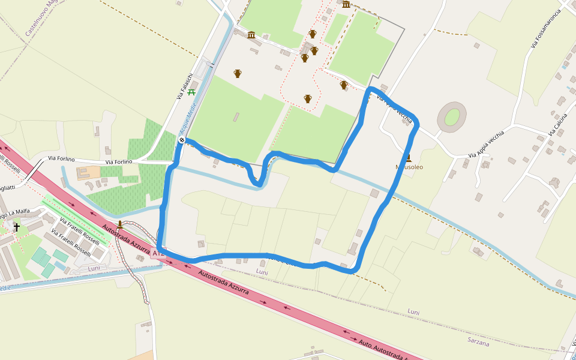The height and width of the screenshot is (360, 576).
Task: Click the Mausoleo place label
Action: [x=409, y=167]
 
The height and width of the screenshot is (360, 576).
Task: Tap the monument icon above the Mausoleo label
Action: [x=409, y=158]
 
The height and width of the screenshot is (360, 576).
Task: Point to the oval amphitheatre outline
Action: [x=452, y=116]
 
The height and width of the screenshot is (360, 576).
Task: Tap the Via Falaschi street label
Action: [x=184, y=86]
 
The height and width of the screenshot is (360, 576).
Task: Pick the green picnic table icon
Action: [x=191, y=92]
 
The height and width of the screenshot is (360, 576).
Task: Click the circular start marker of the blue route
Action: [x=182, y=140]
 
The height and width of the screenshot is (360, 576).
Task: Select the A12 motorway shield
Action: [x=158, y=254]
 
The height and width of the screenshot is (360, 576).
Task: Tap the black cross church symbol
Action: [x=17, y=227]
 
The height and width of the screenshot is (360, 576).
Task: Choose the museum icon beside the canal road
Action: [x=251, y=35]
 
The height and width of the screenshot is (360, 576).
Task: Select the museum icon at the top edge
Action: [x=346, y=4]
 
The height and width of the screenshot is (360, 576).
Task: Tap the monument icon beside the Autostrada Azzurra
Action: [x=120, y=224]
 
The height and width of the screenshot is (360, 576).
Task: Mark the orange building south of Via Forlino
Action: [x=88, y=173]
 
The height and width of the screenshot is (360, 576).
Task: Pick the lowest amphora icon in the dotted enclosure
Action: [x=308, y=98]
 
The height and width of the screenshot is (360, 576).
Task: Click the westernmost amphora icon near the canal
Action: [x=238, y=73]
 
